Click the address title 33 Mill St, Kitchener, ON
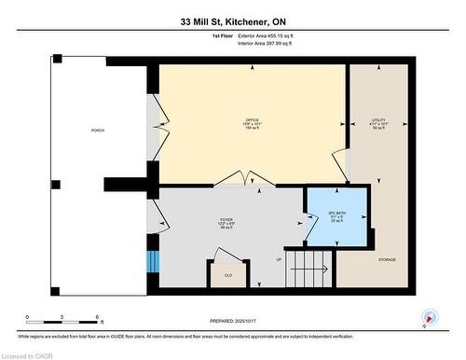(x=233, y=21)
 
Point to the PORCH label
(x=97, y=130)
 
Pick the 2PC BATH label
(x=336, y=215)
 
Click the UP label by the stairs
(x=279, y=259)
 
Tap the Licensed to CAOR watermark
(x=27, y=354)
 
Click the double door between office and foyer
(x=233, y=182)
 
